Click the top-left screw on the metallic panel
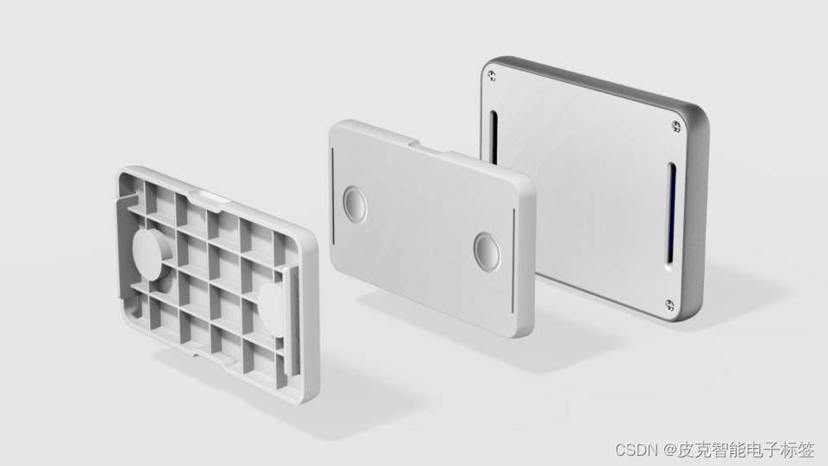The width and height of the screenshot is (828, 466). [492, 76]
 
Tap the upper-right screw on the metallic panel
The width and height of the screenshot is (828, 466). [676, 126]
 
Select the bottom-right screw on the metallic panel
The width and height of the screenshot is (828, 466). [669, 305]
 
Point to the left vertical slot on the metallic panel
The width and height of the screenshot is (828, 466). [493, 137]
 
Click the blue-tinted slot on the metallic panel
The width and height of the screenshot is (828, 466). [671, 216]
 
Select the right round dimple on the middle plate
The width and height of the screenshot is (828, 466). [486, 251]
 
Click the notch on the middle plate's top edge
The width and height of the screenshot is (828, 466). [428, 146]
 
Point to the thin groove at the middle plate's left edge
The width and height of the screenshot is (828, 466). [333, 196]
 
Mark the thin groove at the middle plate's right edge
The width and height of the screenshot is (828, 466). [513, 260]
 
